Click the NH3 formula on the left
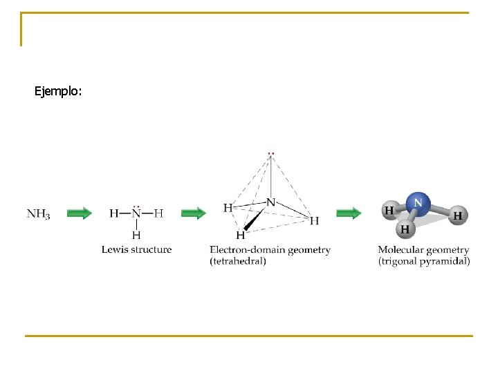[38, 214]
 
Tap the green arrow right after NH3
[80, 213]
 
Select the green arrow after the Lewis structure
[193, 213]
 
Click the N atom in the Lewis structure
[136, 213]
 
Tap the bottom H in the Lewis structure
[136, 235]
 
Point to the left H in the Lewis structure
[113, 213]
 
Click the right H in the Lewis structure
[159, 213]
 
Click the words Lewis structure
[136, 249]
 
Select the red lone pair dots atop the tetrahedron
[271, 153]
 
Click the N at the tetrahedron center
[270, 202]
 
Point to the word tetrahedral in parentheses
[238, 261]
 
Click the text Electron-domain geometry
[270, 249]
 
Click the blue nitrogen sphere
[417, 203]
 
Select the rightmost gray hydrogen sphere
[457, 216]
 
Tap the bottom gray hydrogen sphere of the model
[405, 228]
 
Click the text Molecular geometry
[423, 249]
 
